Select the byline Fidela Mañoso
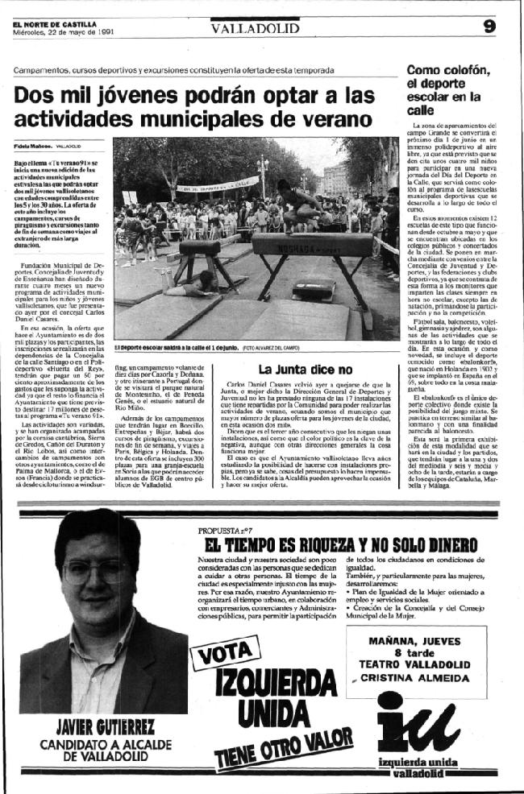coord(33,146)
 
